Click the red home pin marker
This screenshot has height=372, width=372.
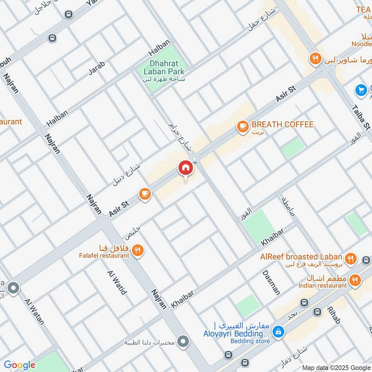point(185,168)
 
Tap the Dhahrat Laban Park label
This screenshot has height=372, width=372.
point(161,68)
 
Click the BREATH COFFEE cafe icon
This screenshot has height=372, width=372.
point(242,126)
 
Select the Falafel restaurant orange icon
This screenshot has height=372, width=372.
point(137,251)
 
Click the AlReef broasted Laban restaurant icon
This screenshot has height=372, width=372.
point(351,259)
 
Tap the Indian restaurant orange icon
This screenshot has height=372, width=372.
point(356,280)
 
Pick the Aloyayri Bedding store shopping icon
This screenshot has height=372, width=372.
point(279,332)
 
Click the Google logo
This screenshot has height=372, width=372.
point(20,365)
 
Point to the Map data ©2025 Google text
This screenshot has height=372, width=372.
point(336,366)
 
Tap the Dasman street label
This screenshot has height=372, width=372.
point(271,282)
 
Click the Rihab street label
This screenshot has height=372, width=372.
point(333,315)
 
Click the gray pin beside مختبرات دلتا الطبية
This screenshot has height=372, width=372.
point(183,342)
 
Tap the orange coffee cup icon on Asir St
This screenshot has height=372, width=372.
point(145,194)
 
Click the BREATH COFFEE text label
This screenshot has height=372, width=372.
point(282,125)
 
